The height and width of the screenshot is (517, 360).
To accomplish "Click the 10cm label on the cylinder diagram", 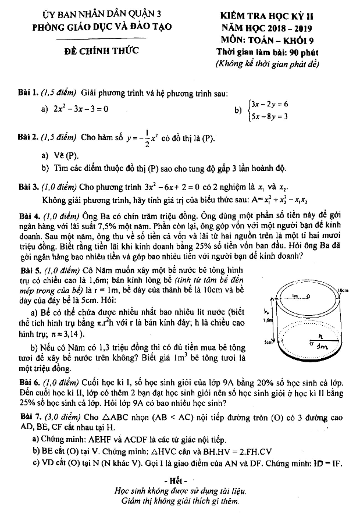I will pyautogui.click(x=343, y=289).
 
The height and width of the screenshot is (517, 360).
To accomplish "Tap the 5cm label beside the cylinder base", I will pyautogui.click(x=268, y=343).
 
